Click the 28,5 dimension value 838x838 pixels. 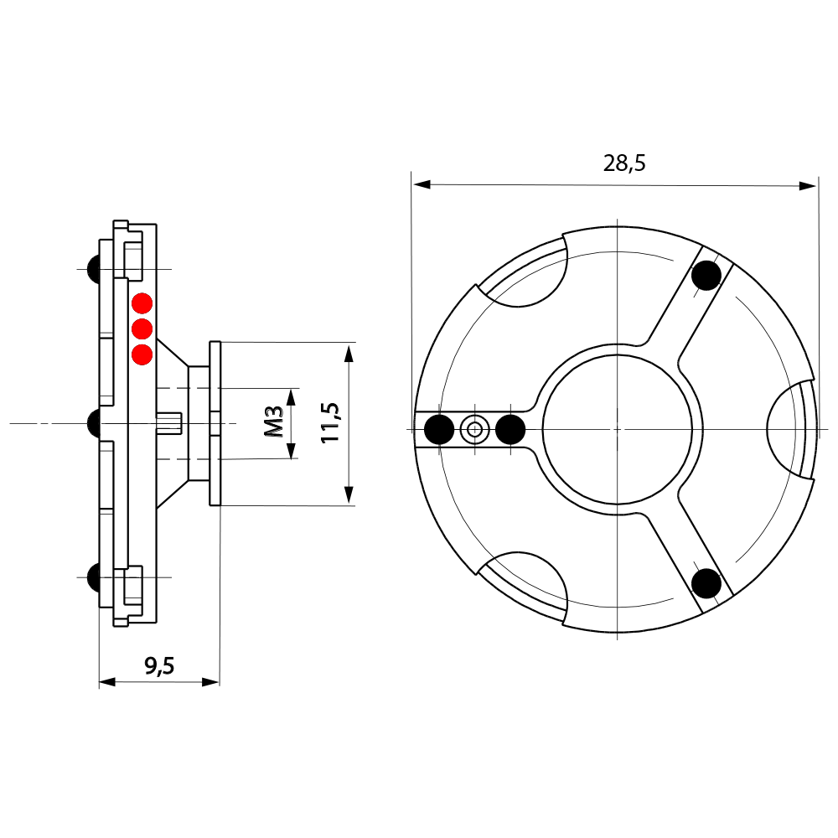coord(624,163)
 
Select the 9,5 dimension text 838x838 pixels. coord(159,666)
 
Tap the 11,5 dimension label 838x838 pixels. coord(329,422)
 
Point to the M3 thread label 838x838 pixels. coord(273,423)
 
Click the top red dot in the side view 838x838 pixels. coord(142,302)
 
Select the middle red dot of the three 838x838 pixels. coord(142,328)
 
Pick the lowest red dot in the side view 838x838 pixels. coord(142,354)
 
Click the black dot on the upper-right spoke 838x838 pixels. coord(706,275)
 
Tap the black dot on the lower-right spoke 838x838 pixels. coord(706,582)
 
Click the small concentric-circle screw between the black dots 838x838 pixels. coord(475,430)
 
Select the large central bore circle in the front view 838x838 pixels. coord(617,428)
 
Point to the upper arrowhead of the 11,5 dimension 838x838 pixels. coord(349,351)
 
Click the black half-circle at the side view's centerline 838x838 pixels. coord(95,423)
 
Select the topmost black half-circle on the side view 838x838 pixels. coord(95,268)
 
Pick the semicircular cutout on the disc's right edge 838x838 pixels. coord(788,428)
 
